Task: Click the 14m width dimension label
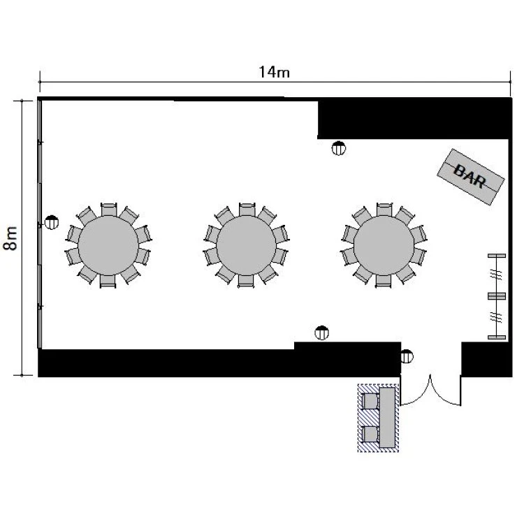click(275, 72)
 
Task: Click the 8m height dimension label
click(10, 238)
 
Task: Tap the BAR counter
click(470, 177)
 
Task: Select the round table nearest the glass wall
click(108, 246)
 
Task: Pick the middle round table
click(247, 246)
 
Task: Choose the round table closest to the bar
click(384, 246)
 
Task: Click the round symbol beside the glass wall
click(52, 222)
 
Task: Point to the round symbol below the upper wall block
click(339, 148)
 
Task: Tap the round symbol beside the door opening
click(407, 356)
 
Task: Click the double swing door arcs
click(430, 391)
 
